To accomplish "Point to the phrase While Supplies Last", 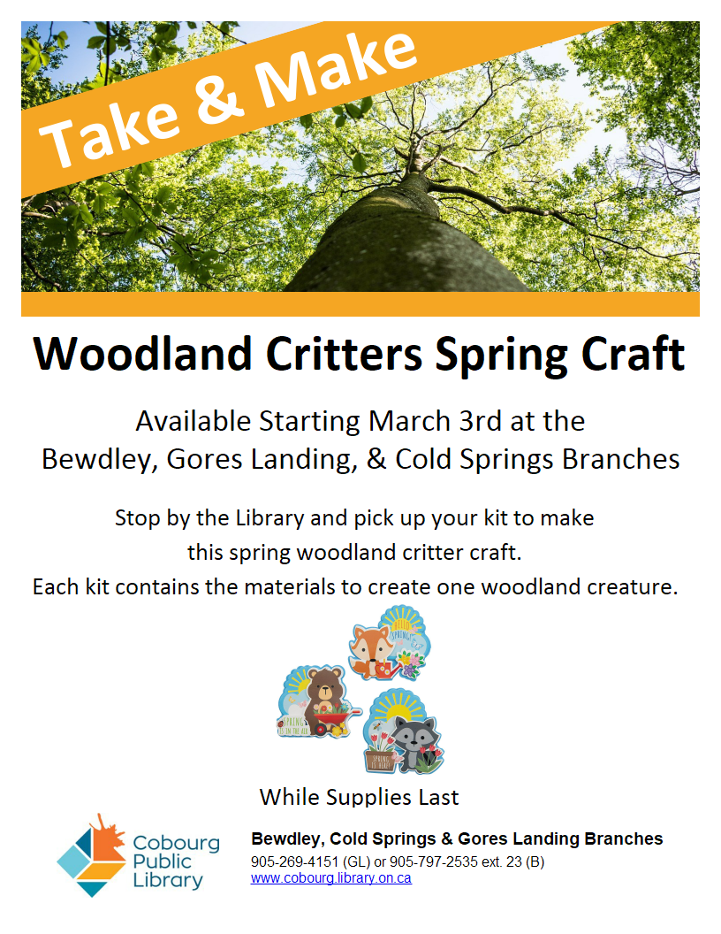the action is coord(360,797).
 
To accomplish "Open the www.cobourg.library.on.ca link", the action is coord(330,878).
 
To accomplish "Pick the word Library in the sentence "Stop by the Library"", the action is coord(270,518).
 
